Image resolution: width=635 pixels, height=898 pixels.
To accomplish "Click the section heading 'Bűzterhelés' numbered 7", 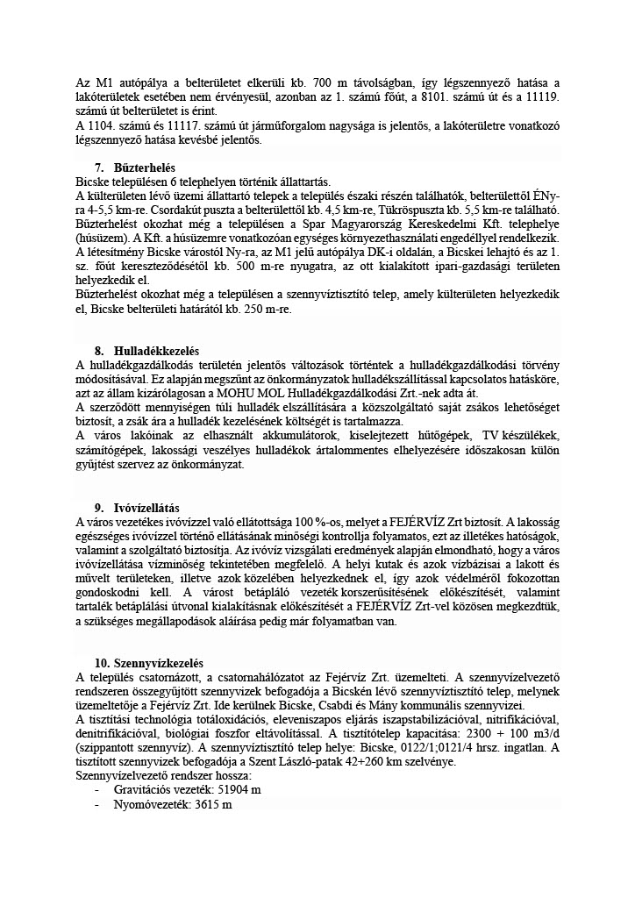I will coord(145,167).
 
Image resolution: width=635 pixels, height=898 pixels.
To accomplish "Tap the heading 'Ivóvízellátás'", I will coord(146,508).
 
